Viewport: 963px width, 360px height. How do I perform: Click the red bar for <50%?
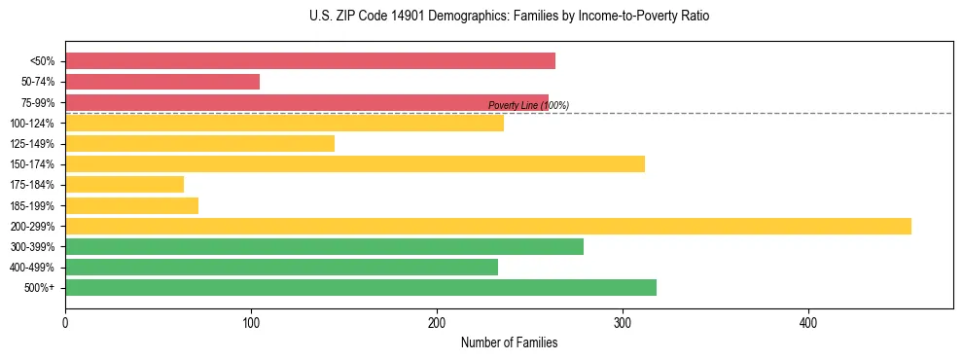point(309,61)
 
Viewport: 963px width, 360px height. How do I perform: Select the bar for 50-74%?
point(162,82)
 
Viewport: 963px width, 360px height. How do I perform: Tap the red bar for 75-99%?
point(306,102)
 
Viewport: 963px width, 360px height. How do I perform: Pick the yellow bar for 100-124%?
point(284,123)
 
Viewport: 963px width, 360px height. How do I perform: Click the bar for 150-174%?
point(355,163)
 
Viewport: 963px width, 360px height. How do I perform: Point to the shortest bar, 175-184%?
point(125,184)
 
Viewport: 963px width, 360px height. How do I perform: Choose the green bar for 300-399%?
point(324,246)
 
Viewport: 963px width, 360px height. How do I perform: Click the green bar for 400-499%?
point(281,267)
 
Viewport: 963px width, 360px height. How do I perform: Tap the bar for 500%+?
point(361,287)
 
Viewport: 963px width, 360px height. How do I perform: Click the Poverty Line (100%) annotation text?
point(528,105)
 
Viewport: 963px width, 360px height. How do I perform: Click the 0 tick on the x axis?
point(65,323)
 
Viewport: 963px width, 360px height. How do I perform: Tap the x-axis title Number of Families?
point(509,342)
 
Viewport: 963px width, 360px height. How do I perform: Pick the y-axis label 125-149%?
point(32,144)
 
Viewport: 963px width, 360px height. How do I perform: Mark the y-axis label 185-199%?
point(32,205)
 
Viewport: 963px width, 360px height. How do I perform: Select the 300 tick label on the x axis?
point(623,323)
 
